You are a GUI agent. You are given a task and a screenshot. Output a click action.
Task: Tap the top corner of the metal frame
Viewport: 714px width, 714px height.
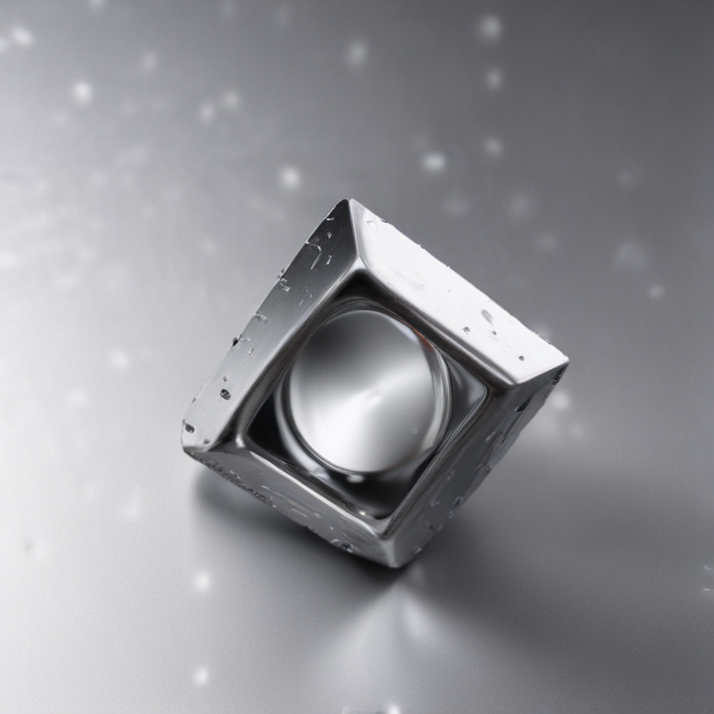349,200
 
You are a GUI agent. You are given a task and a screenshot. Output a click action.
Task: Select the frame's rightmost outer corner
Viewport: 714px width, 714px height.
567,364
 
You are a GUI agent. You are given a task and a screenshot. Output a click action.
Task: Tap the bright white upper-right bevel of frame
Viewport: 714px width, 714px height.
456,288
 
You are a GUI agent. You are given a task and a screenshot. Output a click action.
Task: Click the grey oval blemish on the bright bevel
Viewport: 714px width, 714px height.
487,316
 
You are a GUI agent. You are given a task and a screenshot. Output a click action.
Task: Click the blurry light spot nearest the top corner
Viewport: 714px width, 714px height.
289,178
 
